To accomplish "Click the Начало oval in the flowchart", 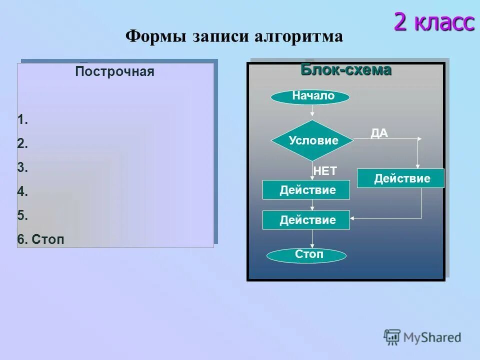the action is point(310,96).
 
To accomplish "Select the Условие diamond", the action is point(312,140).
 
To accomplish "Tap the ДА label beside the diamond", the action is point(379,132).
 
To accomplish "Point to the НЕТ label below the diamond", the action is point(325,171).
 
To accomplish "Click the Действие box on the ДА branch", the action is point(400,178).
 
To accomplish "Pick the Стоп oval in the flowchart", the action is point(306,255).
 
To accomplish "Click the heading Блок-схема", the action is point(345,70).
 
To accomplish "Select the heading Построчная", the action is point(114,72).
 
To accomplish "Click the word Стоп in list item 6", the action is point(48,239).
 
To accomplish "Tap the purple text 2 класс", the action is point(433,21).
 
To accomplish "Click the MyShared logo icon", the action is point(392,337).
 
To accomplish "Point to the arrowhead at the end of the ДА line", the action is point(419,138).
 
